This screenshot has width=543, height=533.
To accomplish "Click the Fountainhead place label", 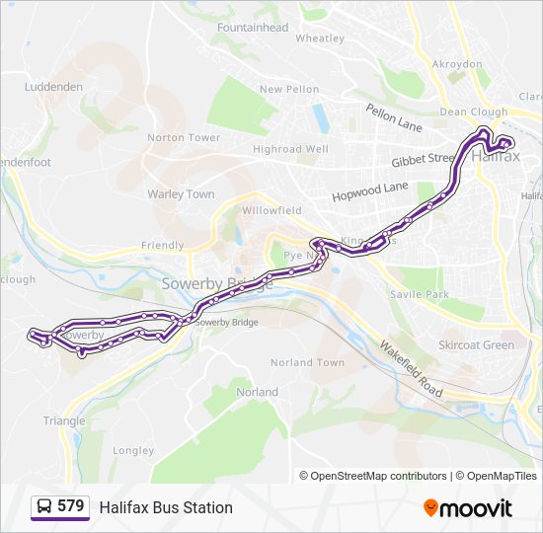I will (253, 28).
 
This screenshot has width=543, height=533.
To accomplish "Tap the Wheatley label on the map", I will (320, 38).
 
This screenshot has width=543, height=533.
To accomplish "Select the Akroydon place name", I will (457, 64).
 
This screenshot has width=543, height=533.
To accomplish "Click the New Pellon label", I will (289, 89).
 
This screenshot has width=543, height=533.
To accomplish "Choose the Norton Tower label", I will (184, 137).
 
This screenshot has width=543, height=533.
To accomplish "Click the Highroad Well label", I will (290, 149).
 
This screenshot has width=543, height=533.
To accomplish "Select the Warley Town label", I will (181, 194).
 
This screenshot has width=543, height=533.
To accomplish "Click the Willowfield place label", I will (271, 210).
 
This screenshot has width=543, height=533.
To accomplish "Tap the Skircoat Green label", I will (476, 345).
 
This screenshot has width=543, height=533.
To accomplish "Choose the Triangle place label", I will (64, 420).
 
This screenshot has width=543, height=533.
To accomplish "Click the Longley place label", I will (133, 451).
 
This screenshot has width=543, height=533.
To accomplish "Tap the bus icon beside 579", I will (44, 507).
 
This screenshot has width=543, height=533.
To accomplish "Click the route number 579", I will (71, 506).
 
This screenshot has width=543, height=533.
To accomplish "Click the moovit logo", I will (468, 508).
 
